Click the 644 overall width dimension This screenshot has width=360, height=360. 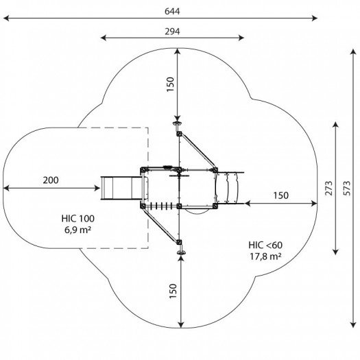[172, 11]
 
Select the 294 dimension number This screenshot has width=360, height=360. [172, 32]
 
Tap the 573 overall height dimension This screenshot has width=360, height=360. [347, 189]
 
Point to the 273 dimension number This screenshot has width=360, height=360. [328, 189]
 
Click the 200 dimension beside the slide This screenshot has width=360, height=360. [51, 180]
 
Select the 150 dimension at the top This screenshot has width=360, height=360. [170, 84]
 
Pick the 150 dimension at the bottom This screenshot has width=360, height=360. [173, 291]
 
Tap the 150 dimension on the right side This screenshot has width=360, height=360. [280, 195]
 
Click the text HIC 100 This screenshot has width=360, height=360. [78, 219]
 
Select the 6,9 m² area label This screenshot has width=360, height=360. [78, 230]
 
